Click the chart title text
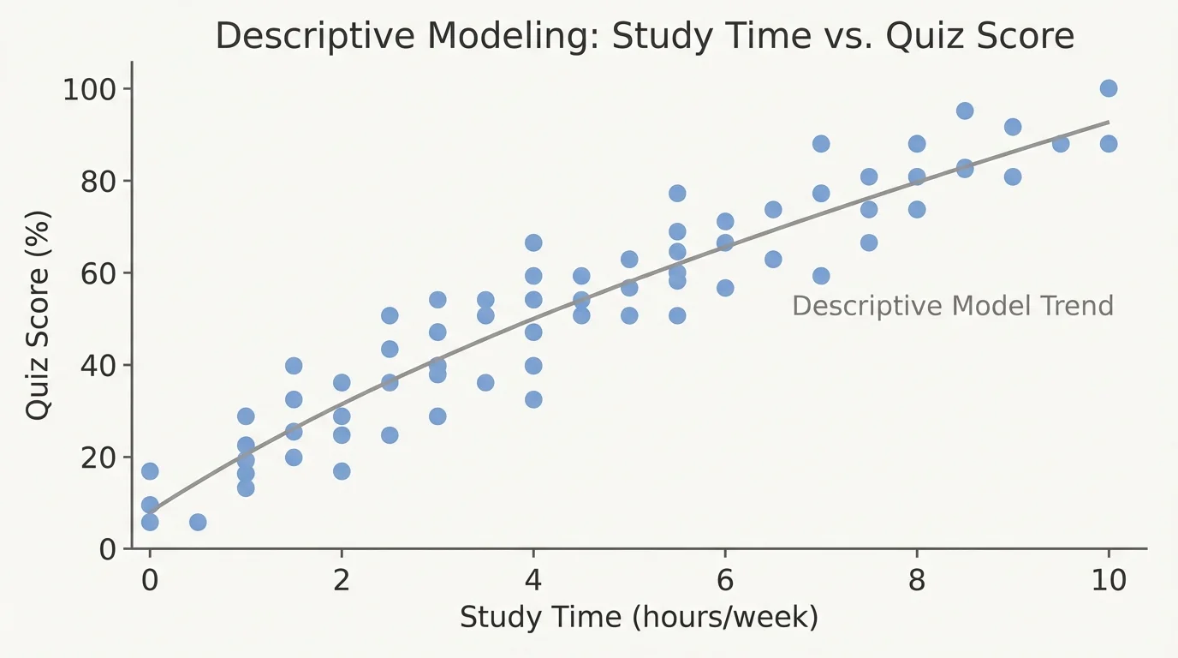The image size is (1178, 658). click(x=644, y=37)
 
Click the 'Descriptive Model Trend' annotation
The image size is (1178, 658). click(x=952, y=306)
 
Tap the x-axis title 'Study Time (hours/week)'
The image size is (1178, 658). click(x=639, y=617)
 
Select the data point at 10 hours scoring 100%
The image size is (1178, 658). click(x=1109, y=88)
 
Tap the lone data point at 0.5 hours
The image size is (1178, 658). click(x=198, y=522)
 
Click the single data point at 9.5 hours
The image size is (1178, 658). click(x=1061, y=143)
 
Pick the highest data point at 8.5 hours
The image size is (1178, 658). click(x=965, y=111)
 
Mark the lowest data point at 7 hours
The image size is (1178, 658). click(x=821, y=275)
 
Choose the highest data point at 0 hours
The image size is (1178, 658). click(x=150, y=471)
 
